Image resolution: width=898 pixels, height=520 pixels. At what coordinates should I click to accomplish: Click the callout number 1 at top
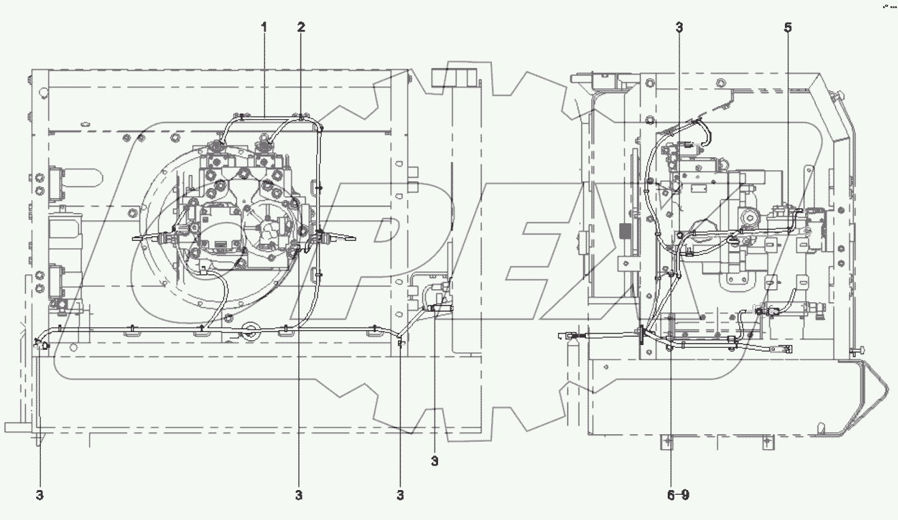pos(264,27)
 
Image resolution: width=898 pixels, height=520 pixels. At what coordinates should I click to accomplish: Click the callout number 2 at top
pos(301,27)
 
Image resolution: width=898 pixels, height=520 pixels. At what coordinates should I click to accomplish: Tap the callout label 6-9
pos(677,495)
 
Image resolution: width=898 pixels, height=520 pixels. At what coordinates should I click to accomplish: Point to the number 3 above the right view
pos(679,27)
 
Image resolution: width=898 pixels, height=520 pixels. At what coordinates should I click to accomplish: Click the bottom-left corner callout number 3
pos(40,495)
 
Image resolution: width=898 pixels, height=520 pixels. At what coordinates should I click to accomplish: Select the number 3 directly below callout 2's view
pos(298,495)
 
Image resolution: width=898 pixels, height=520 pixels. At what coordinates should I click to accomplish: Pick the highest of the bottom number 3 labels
pos(435,461)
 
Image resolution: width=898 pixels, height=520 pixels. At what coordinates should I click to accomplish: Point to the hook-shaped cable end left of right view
pos(563,335)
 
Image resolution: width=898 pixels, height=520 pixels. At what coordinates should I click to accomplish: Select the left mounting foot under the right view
pos(667,443)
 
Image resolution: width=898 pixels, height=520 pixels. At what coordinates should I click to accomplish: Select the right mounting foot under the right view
pos(768,443)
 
